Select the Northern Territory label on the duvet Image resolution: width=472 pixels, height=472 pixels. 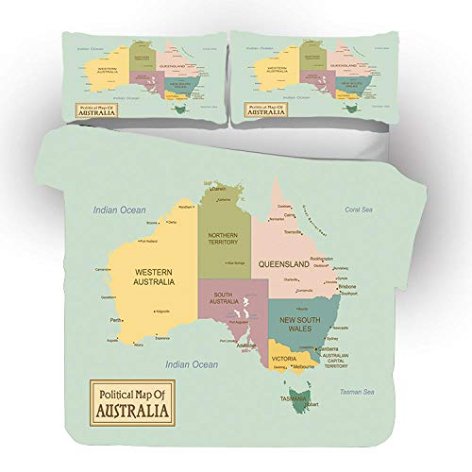coord(224,237)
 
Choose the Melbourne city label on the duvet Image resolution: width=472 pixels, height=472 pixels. coord(304,365)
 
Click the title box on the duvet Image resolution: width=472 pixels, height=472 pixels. coord(127,401)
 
